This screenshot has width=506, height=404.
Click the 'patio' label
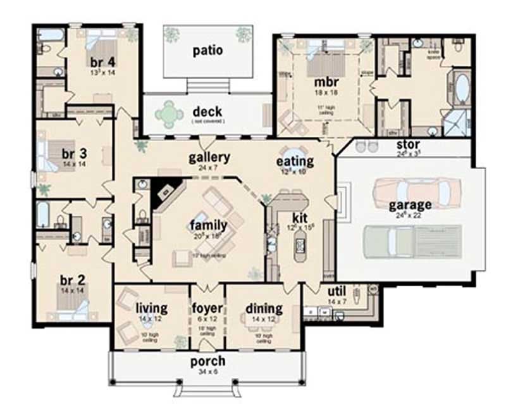coord(207,51)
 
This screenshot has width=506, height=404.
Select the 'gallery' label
coord(209,158)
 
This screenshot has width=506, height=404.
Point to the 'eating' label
coord(295,162)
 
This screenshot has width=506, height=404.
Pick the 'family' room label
coord(205,224)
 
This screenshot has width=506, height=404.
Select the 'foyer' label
coord(207,309)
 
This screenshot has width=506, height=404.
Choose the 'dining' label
coord(264,309)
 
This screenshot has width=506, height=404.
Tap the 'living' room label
coord(152,309)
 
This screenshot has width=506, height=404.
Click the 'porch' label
coord(208,362)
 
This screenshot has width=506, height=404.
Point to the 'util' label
coord(336,291)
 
